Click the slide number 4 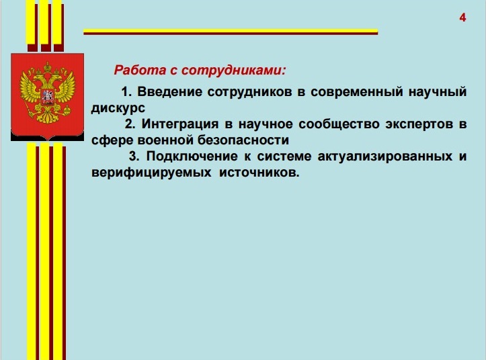click(462, 17)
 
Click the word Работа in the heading click(140, 70)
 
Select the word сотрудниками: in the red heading click(233, 71)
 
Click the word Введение click(170, 92)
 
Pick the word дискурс click(118, 108)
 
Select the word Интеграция click(180, 124)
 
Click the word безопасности click(243, 140)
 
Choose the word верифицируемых click(151, 173)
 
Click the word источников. click(259, 173)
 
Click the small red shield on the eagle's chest click(48, 97)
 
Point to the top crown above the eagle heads click(48, 66)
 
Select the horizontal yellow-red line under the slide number click(231, 32)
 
